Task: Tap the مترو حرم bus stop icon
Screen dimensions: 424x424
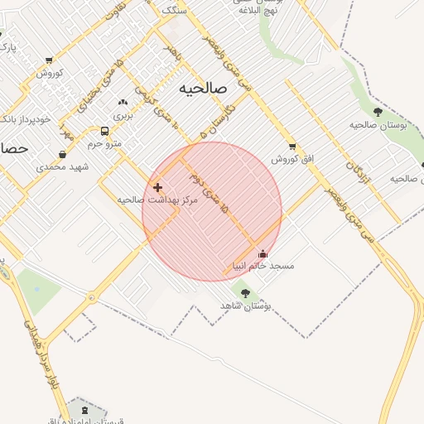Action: pos(104,131)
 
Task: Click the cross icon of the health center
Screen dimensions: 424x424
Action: pos(157,188)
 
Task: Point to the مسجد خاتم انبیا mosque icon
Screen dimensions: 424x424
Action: pos(263,254)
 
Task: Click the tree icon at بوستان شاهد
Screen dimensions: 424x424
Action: pos(244,292)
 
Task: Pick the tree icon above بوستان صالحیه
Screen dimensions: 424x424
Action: pos(378,112)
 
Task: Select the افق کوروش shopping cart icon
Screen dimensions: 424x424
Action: pos(292,147)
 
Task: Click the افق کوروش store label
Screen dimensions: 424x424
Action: pos(285,157)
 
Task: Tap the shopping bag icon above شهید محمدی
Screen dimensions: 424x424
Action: pos(63,154)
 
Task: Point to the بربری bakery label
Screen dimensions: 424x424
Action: pos(123,115)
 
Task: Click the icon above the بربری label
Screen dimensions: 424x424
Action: pos(123,103)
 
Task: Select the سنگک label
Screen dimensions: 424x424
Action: pos(176,10)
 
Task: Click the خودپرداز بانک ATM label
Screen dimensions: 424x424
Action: pos(17,119)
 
